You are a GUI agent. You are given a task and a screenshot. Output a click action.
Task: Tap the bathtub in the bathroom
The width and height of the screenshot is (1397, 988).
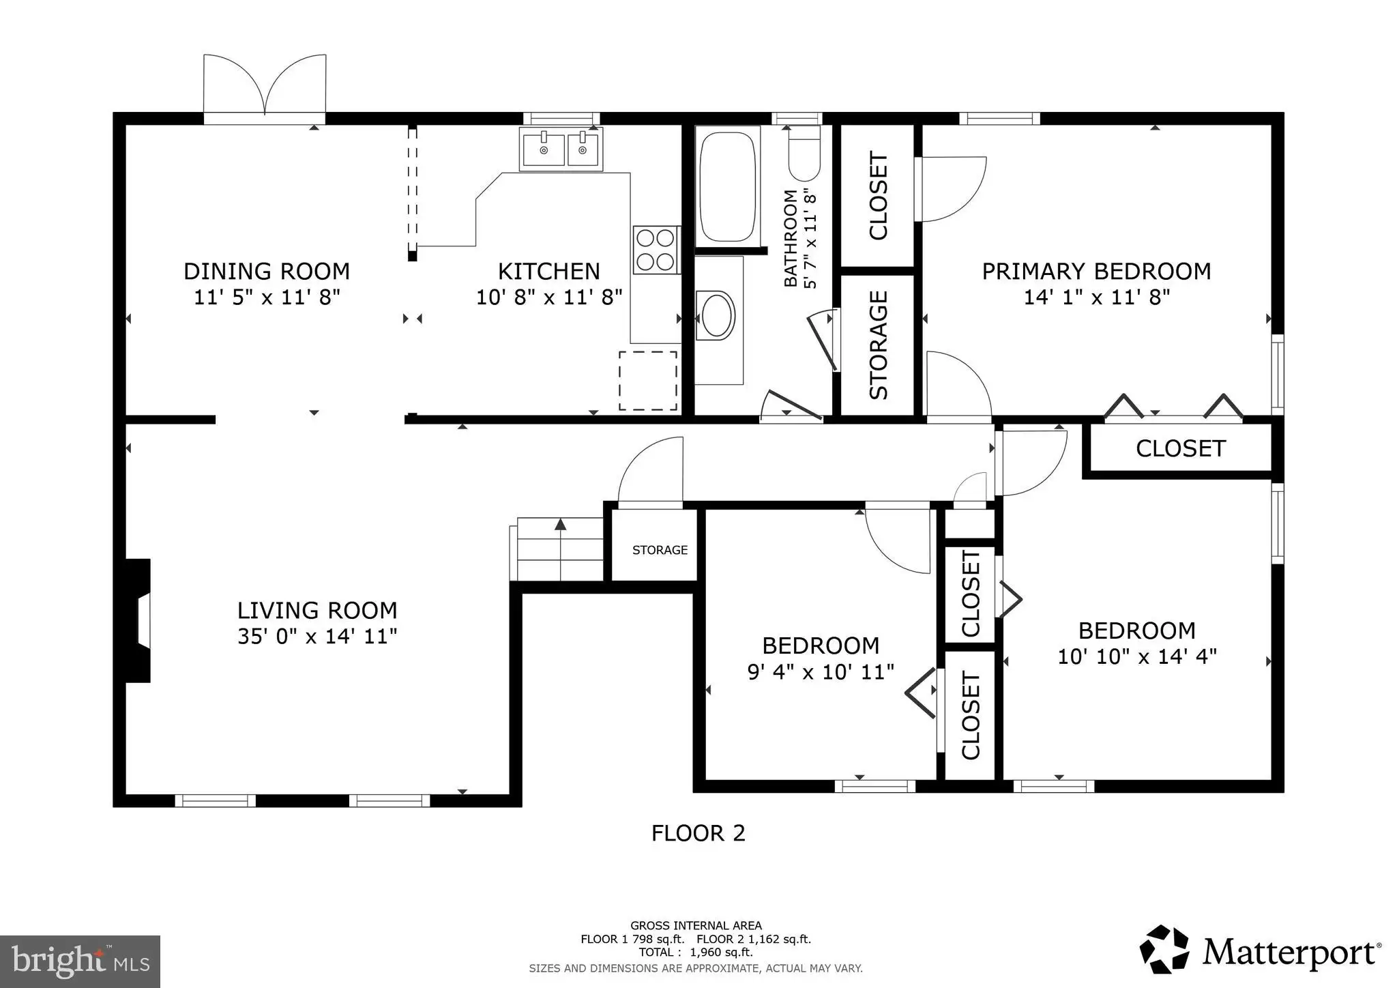tap(727, 186)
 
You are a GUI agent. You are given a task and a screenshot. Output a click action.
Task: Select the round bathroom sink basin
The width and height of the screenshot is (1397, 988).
tap(716, 315)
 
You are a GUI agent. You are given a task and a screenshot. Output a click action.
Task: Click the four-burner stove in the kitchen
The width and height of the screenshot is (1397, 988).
tap(656, 249)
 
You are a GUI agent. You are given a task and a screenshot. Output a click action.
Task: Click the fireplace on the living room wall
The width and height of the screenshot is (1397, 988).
tap(138, 620)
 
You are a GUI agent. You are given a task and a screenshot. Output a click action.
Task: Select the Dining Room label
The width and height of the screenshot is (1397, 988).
tap(267, 272)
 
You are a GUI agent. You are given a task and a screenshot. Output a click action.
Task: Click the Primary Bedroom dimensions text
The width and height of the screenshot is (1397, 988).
tap(1097, 297)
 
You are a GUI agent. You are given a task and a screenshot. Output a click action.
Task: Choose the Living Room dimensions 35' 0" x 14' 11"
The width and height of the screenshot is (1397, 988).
tap(317, 637)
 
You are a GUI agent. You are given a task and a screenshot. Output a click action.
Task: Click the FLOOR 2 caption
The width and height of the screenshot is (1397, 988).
tap(698, 833)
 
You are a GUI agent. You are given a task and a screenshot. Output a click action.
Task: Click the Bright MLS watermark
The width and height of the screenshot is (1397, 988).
tap(80, 961)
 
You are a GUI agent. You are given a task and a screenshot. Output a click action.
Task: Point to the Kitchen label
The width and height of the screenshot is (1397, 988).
tap(549, 272)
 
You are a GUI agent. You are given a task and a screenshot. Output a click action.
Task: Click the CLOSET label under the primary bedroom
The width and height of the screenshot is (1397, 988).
tap(1181, 448)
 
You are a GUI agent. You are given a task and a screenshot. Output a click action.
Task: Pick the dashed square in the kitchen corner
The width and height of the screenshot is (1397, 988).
tap(648, 381)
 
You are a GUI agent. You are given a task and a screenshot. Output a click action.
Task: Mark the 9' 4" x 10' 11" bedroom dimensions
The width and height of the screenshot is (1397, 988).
tap(821, 672)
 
